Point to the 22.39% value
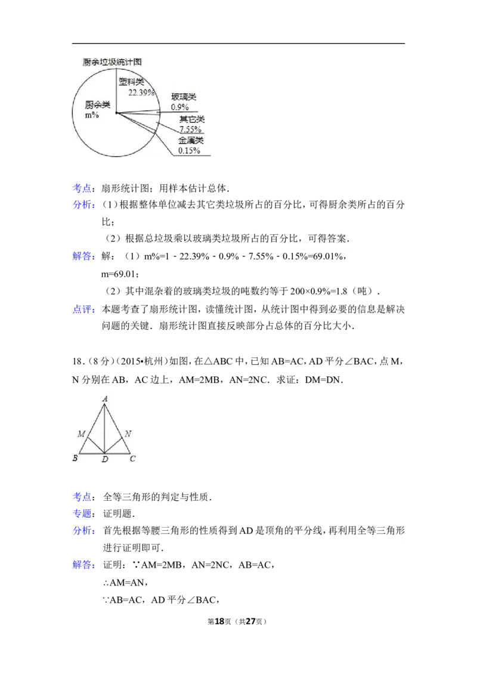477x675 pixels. tap(141, 92)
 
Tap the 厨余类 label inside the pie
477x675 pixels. tap(98, 105)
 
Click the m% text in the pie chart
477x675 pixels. tap(91, 115)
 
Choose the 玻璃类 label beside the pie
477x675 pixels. tap(184, 97)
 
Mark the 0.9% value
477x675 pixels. tap(179, 107)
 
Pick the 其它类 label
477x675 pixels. tap(192, 119)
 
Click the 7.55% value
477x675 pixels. tap(191, 129)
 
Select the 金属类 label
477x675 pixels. tap(191, 141)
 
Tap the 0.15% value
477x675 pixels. tap(189, 151)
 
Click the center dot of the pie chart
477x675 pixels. tap(116, 112)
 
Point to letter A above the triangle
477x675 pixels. tap(105, 398)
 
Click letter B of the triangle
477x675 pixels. tap(75, 459)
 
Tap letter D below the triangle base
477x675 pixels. tap(104, 460)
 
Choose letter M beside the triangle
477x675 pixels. tap(80, 434)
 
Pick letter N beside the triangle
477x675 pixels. tap(128, 434)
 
